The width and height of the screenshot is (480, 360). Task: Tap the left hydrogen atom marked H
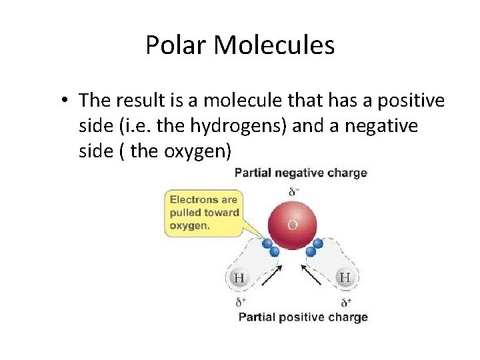(x=239, y=277)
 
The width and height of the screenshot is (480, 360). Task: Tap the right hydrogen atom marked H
(x=345, y=277)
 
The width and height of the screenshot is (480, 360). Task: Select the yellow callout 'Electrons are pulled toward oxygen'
(x=203, y=212)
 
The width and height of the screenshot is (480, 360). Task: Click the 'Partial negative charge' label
(x=301, y=173)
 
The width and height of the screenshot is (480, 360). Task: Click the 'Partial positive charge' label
(x=303, y=317)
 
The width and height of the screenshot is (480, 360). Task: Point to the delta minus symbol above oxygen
(x=293, y=192)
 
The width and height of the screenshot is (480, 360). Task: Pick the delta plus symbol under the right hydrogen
(x=345, y=302)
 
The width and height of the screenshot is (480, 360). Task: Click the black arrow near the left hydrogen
(x=271, y=275)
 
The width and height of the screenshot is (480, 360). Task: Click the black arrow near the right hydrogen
(x=311, y=275)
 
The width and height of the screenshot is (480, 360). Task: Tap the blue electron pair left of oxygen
(x=271, y=248)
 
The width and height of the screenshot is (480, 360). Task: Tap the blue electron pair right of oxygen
(x=314, y=247)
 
